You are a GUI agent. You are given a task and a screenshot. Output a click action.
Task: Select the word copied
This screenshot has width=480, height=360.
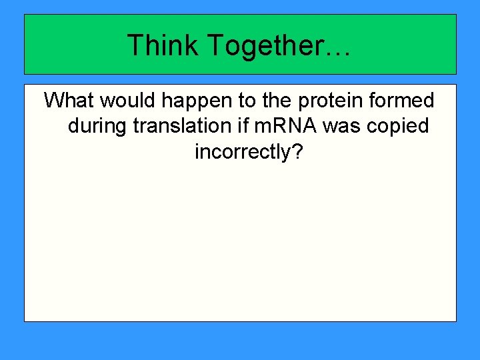click(399, 127)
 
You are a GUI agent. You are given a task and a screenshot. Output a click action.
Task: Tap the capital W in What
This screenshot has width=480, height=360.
click(53, 101)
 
